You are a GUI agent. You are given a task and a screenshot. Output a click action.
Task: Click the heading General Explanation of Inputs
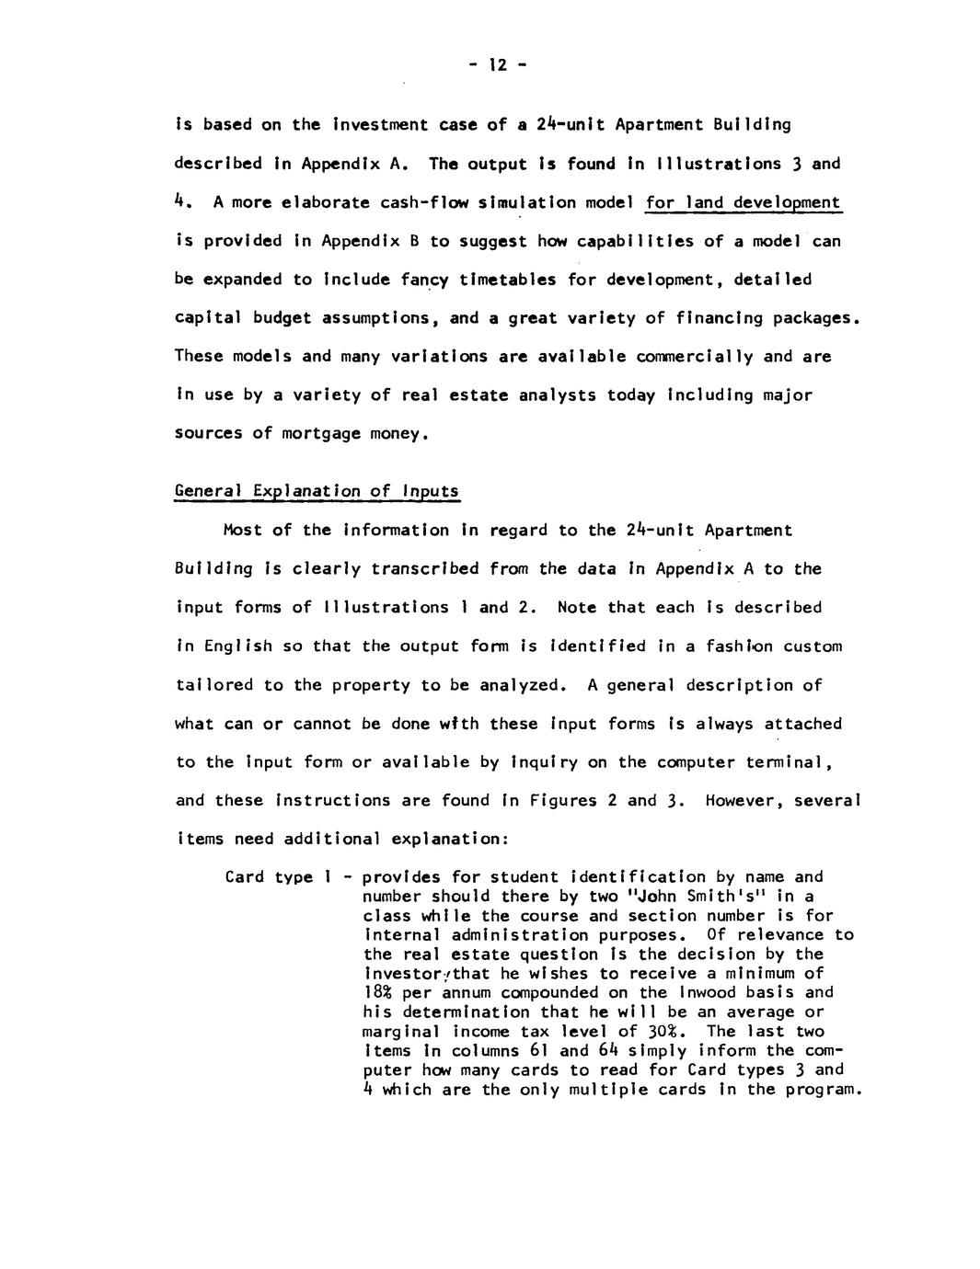pos(317,490)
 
